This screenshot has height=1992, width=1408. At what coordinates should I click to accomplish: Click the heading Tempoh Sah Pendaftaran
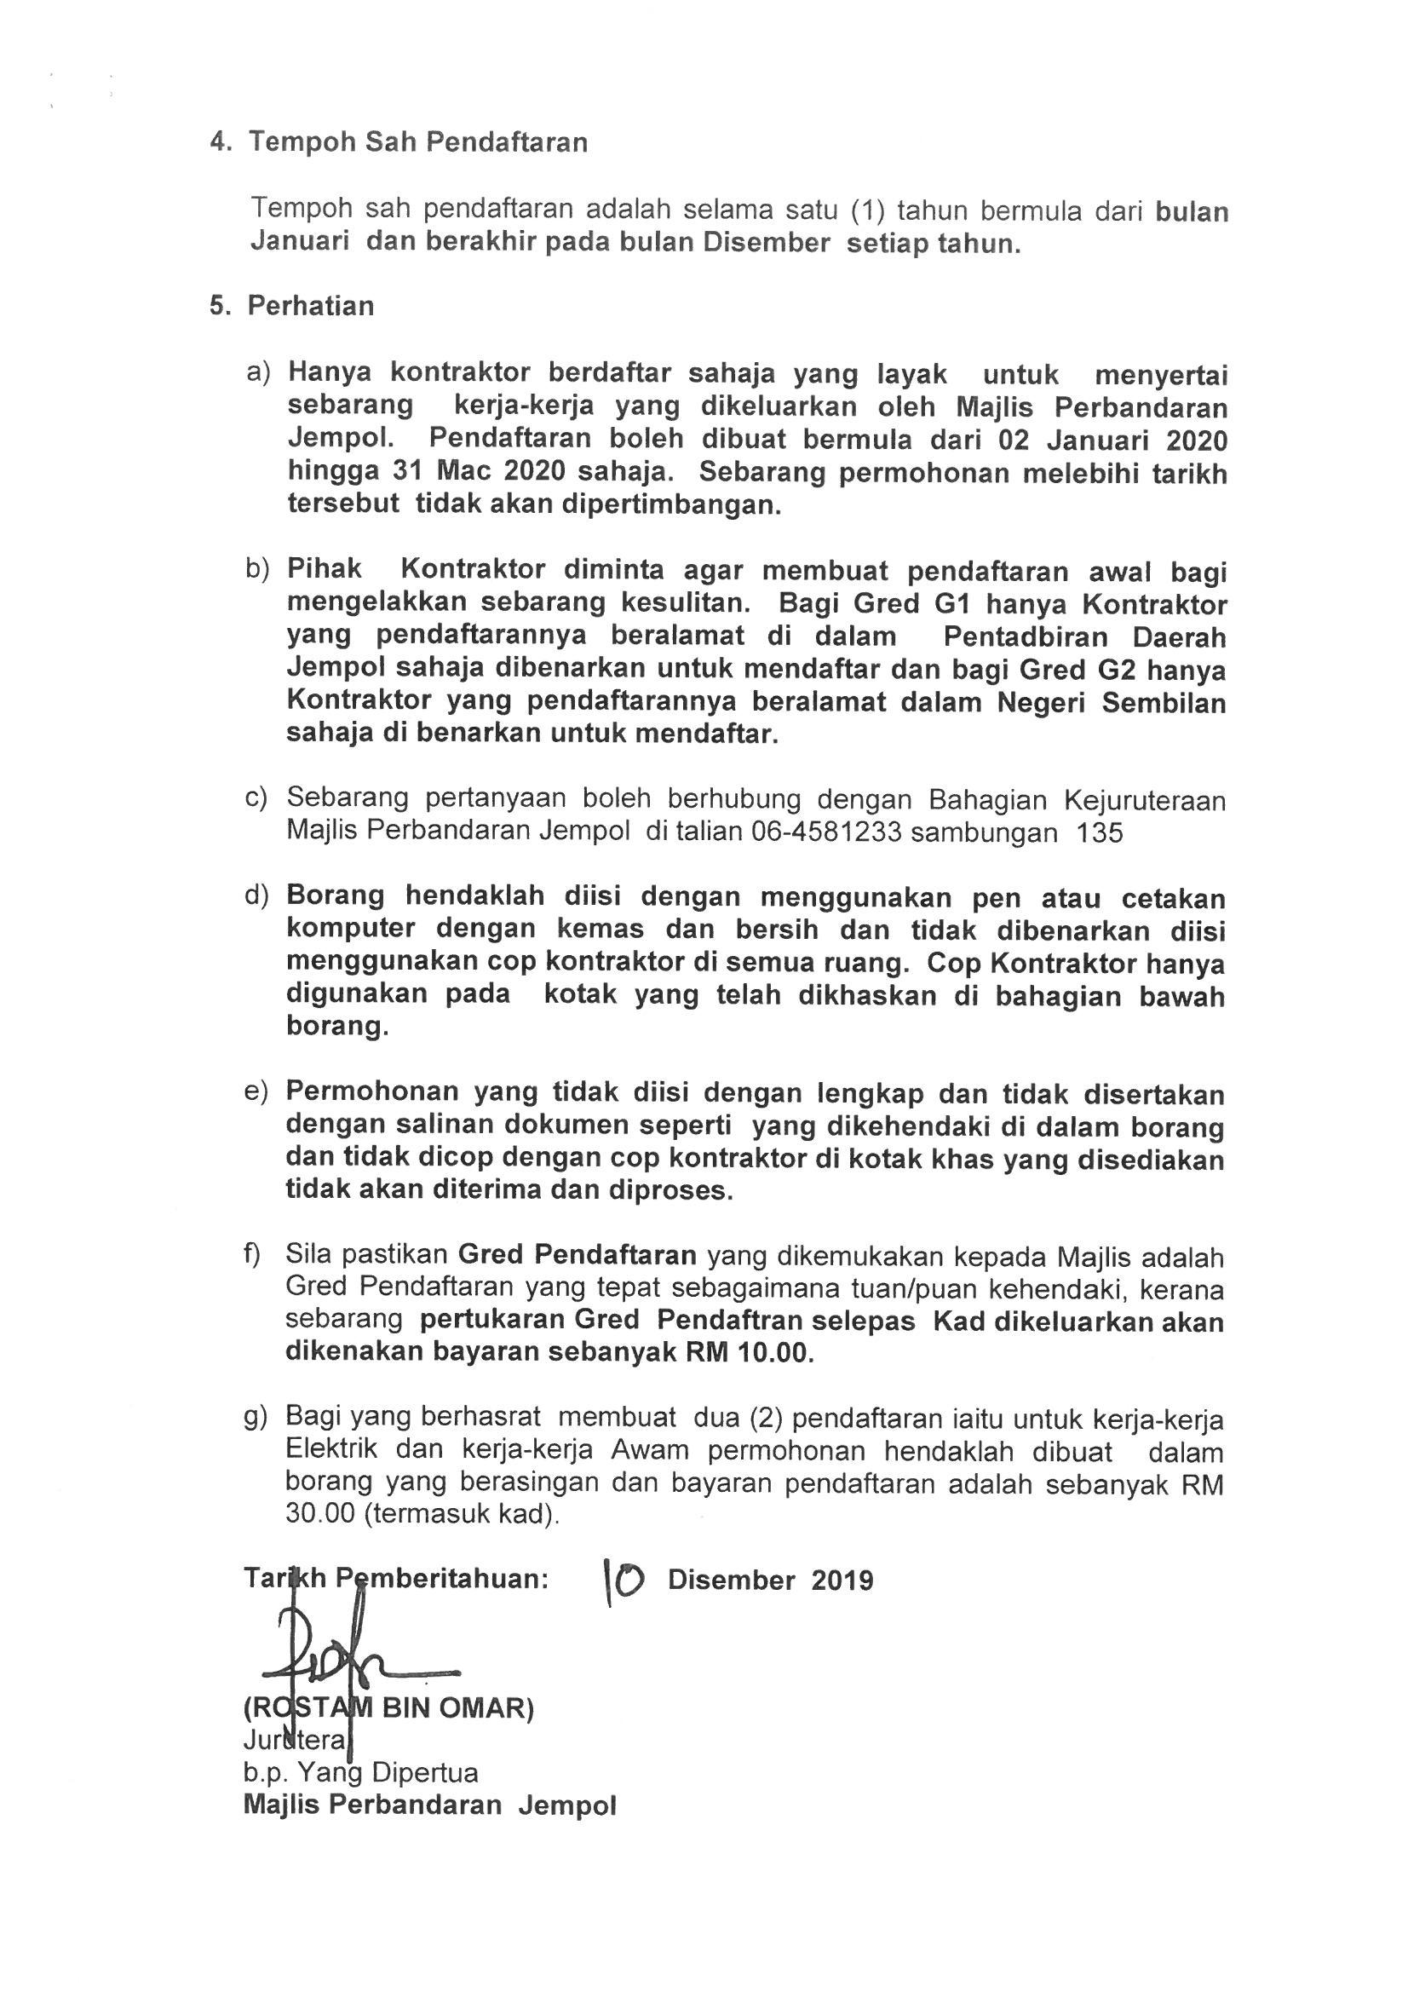(x=418, y=142)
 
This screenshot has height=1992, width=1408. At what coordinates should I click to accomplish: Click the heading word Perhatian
(x=311, y=306)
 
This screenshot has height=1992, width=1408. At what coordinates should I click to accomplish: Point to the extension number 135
(x=1099, y=833)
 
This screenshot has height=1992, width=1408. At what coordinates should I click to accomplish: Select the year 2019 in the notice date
(x=842, y=1580)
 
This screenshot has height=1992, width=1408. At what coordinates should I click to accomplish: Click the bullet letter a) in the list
(x=259, y=372)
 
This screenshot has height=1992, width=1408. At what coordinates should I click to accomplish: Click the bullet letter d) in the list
(x=257, y=895)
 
